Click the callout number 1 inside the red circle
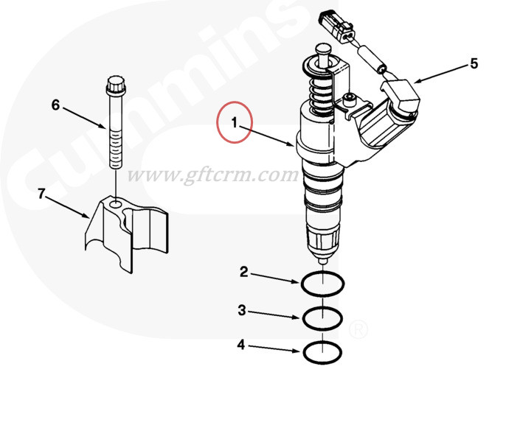coord(235,122)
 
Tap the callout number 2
coord(244,272)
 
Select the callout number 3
coord(242,310)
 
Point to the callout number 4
coord(241,345)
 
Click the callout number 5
coord(474,63)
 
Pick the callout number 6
coord(56,105)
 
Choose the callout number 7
coord(41,194)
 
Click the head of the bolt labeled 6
coord(116,85)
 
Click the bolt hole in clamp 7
coord(116,204)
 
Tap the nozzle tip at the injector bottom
coord(323,259)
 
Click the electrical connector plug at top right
coord(336,26)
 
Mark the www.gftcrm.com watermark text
coord(213,176)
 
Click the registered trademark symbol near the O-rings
coord(358,329)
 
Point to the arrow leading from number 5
coord(441,74)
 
